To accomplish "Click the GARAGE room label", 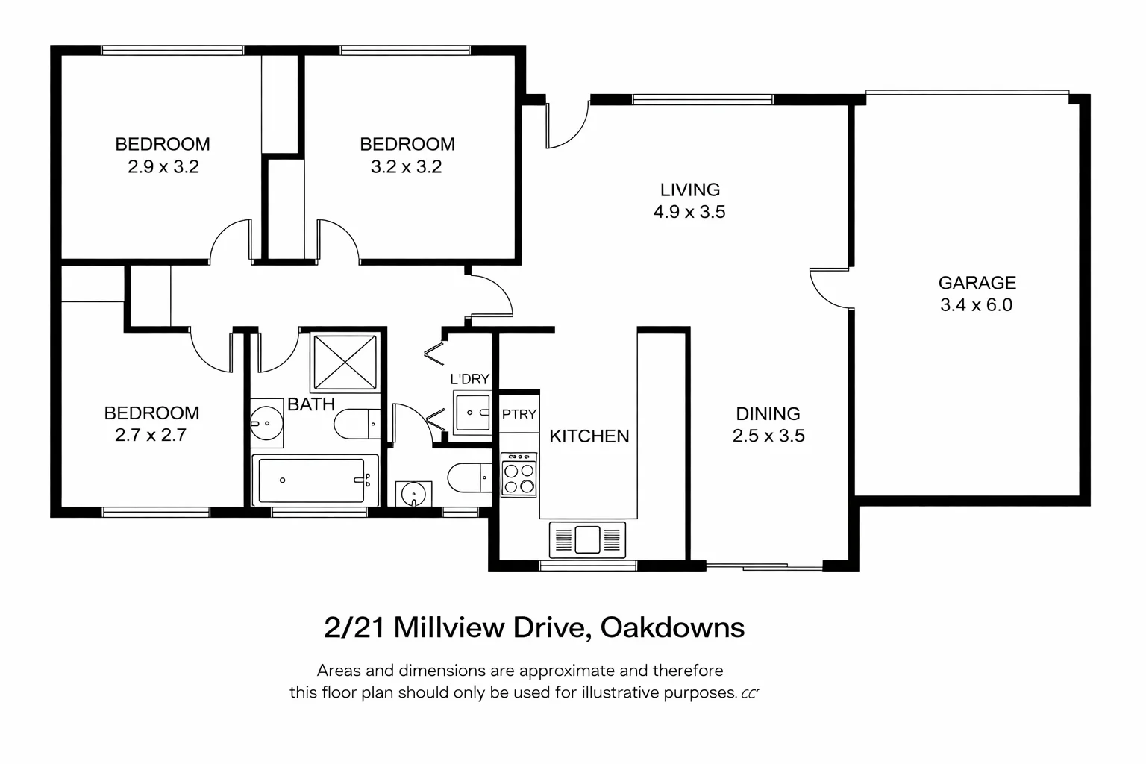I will (977, 283).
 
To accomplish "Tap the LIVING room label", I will (689, 190).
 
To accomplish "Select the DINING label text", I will (768, 413).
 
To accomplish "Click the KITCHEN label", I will (589, 436).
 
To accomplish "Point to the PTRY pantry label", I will (519, 414).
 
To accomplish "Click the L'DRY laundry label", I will (469, 379).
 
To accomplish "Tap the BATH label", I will (311, 404).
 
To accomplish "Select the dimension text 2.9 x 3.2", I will (163, 167).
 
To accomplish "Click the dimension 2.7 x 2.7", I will (151, 435).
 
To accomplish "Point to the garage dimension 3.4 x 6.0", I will (976, 305).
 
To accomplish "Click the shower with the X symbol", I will (344, 363).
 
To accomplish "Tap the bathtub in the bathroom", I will (313, 480).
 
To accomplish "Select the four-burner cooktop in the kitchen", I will (519, 475).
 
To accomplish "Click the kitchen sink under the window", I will (587, 539).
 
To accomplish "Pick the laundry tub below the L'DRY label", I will (472, 413).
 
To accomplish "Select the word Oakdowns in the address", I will (671, 627).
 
